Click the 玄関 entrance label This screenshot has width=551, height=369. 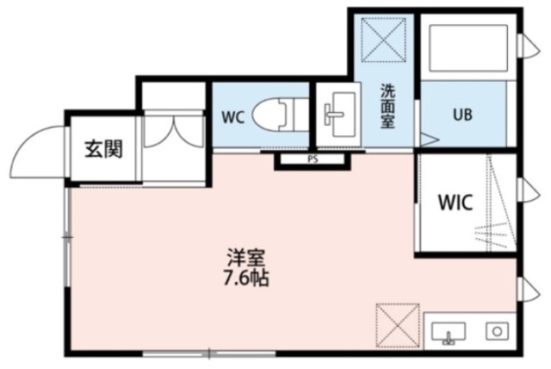(x=102, y=148)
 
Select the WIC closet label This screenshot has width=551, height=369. (x=454, y=204)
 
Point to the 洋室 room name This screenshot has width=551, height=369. (x=245, y=258)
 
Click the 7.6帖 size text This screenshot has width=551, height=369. (x=245, y=279)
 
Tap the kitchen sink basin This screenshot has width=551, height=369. (x=446, y=331)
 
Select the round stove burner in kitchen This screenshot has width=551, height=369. (x=495, y=330)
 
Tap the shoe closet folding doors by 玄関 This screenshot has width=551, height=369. (x=173, y=129)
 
